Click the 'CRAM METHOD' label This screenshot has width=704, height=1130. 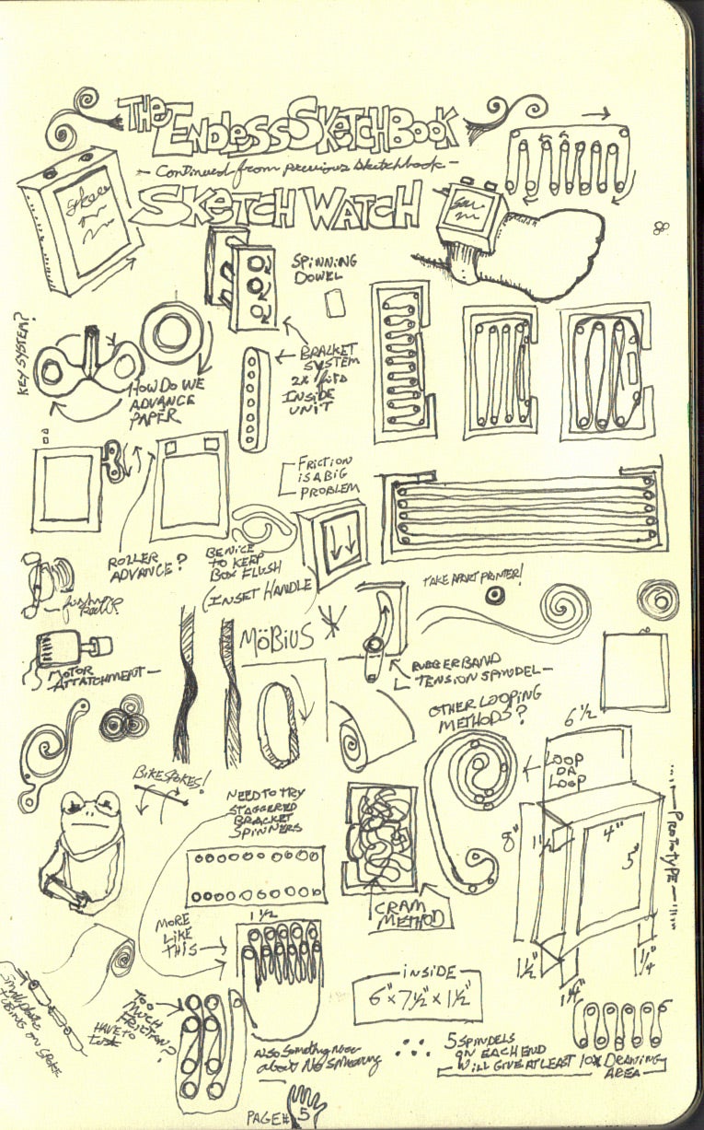click(x=410, y=914)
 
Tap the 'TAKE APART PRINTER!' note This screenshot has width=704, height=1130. click(x=472, y=577)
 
